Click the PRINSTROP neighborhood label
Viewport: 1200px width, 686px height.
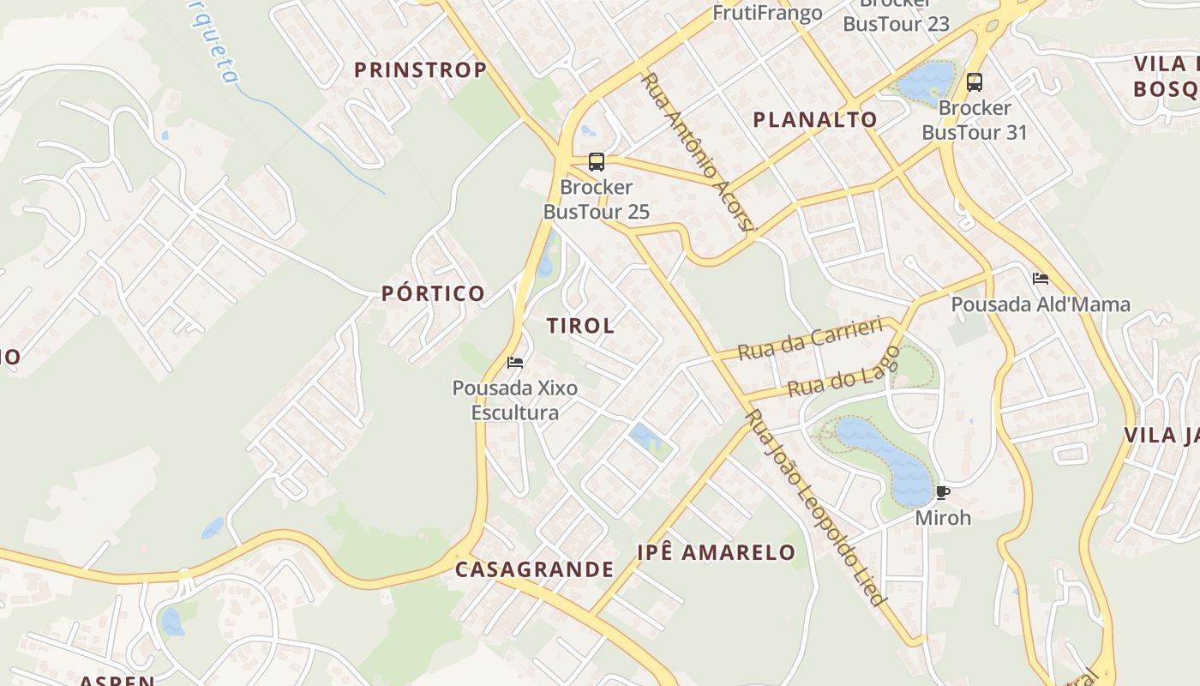point(420,70)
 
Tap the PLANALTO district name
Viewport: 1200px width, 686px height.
point(814,120)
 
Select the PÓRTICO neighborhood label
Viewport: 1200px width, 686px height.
point(433,293)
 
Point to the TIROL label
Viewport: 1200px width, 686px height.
point(580,326)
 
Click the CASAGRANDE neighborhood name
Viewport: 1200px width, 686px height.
point(534,569)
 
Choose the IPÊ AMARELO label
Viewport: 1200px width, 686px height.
point(717,552)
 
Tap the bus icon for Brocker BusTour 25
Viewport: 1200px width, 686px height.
point(596,161)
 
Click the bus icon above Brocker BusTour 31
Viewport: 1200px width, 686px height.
point(974,82)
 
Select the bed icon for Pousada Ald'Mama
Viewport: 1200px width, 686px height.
point(1041,279)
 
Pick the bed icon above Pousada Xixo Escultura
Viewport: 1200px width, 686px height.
point(515,363)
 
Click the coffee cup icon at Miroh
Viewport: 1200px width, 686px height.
point(943,493)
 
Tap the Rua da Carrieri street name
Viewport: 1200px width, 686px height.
point(809,339)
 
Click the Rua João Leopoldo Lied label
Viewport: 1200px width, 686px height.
point(813,508)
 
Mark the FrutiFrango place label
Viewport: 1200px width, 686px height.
point(767,13)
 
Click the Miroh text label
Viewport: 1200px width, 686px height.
point(943,518)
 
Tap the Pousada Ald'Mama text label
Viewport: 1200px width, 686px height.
point(1041,304)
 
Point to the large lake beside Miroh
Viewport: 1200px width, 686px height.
point(887,459)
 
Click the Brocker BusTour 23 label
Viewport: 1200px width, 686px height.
point(897,23)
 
